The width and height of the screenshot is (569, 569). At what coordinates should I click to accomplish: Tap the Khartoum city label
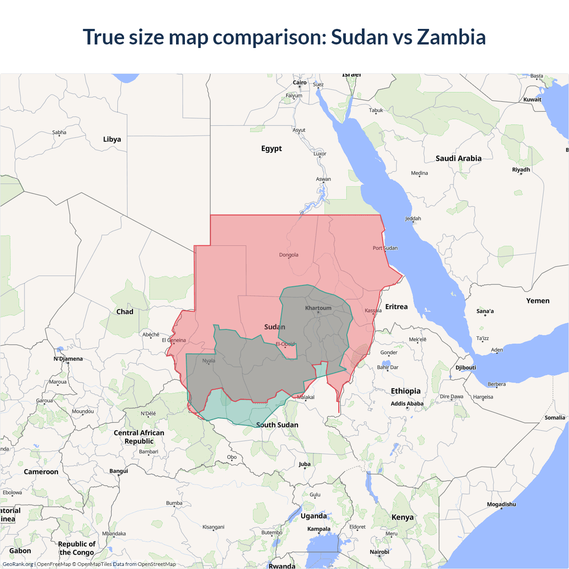pyautogui.click(x=318, y=308)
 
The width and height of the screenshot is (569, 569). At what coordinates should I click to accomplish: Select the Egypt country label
pyautogui.click(x=271, y=148)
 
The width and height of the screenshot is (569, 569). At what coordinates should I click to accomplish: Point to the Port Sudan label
pyautogui.click(x=385, y=248)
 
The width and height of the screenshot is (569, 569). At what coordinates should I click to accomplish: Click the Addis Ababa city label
pyautogui.click(x=407, y=404)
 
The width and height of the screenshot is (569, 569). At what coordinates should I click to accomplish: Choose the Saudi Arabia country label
pyautogui.click(x=458, y=158)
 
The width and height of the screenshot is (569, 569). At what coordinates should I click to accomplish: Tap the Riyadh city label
pyautogui.click(x=521, y=169)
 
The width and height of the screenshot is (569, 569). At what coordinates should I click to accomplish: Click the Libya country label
pyautogui.click(x=112, y=139)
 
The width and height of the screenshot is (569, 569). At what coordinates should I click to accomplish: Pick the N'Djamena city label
pyautogui.click(x=68, y=359)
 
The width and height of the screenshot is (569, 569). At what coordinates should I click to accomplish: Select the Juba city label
pyautogui.click(x=305, y=464)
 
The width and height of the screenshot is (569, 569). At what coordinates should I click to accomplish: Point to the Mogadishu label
pyautogui.click(x=501, y=504)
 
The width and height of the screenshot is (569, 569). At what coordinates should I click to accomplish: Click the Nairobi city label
pyautogui.click(x=380, y=552)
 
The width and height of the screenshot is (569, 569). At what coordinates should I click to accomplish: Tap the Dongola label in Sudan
pyautogui.click(x=289, y=255)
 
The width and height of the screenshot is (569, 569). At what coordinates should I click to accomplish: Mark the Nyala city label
pyautogui.click(x=208, y=361)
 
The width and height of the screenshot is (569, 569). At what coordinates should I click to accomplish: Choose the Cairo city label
pyautogui.click(x=300, y=82)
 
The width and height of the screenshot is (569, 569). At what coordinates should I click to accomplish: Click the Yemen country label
pyautogui.click(x=538, y=301)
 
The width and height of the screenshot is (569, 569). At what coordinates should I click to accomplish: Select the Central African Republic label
pyautogui.click(x=139, y=437)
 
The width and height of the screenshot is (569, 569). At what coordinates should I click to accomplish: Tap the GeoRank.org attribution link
pyautogui.click(x=18, y=564)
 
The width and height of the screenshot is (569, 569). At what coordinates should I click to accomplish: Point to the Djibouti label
pyautogui.click(x=465, y=368)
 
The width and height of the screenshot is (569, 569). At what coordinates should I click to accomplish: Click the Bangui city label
pyautogui.click(x=119, y=471)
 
